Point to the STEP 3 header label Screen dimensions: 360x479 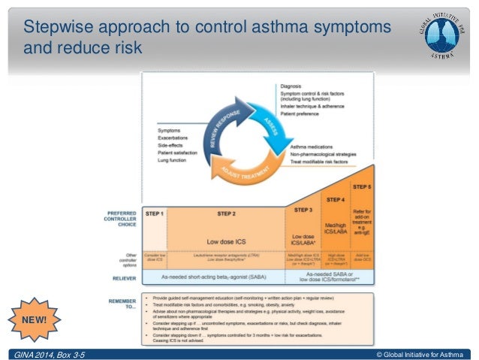coord(303,210)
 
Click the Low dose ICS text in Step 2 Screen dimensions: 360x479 coord(225,241)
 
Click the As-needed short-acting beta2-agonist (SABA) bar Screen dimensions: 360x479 coord(212,277)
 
